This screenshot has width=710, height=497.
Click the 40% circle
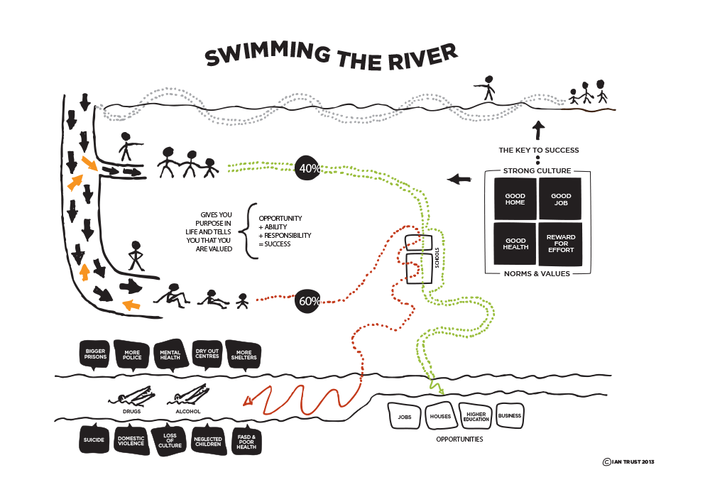(x=307, y=168)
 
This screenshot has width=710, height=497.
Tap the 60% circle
(x=309, y=301)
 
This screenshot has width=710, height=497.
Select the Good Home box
(x=515, y=199)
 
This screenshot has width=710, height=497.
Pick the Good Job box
(x=561, y=199)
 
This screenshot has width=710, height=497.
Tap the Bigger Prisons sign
(x=95, y=354)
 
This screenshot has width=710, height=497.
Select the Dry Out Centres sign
(x=207, y=353)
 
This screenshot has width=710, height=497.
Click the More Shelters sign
(x=244, y=354)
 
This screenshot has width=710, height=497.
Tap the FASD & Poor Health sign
(x=246, y=442)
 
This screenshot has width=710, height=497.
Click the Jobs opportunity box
(x=405, y=417)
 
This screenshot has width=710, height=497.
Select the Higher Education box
(x=476, y=416)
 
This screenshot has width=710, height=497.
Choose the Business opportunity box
(x=510, y=415)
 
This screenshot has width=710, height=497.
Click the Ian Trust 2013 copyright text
(x=628, y=461)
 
